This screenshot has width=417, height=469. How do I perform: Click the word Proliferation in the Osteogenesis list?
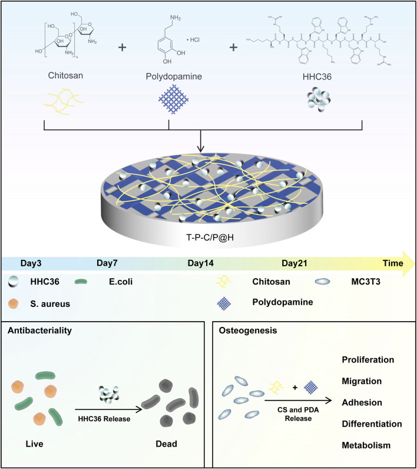click(x=368, y=359)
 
